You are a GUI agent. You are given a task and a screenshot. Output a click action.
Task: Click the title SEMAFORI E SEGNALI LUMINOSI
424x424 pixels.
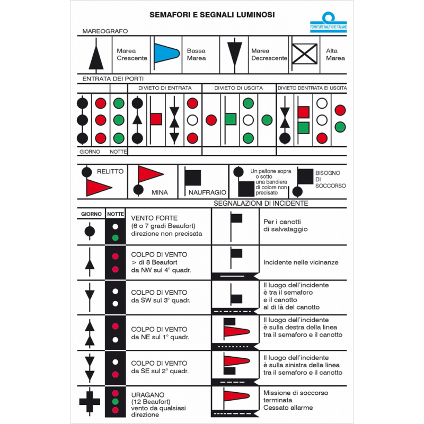click(211, 14)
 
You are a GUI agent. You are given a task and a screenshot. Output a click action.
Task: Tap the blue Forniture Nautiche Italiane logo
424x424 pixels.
click(328, 22)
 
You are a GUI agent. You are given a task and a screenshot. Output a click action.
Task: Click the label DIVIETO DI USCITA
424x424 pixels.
click(239, 88)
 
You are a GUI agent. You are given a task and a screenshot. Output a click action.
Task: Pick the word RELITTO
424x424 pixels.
click(110, 172)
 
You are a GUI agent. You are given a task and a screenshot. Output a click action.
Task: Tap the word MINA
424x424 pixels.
click(160, 192)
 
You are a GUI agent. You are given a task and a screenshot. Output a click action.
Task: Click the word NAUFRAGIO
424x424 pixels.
click(207, 192)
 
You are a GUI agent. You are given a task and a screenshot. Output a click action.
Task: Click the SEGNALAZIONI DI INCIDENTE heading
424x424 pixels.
click(261, 203)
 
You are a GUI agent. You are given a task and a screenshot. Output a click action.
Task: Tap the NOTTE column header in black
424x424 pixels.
click(116, 214)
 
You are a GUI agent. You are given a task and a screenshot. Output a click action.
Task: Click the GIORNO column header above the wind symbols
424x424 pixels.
click(91, 214)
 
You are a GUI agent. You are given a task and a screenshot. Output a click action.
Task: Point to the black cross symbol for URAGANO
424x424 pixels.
click(89, 401)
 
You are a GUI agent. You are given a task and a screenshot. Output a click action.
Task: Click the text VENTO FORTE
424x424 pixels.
click(154, 218)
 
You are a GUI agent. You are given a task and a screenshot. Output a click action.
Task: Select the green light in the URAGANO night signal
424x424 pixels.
click(116, 401)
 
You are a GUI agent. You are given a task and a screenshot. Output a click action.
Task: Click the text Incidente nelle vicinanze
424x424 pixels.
click(301, 262)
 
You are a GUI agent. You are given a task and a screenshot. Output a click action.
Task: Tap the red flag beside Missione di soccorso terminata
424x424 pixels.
click(235, 396)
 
